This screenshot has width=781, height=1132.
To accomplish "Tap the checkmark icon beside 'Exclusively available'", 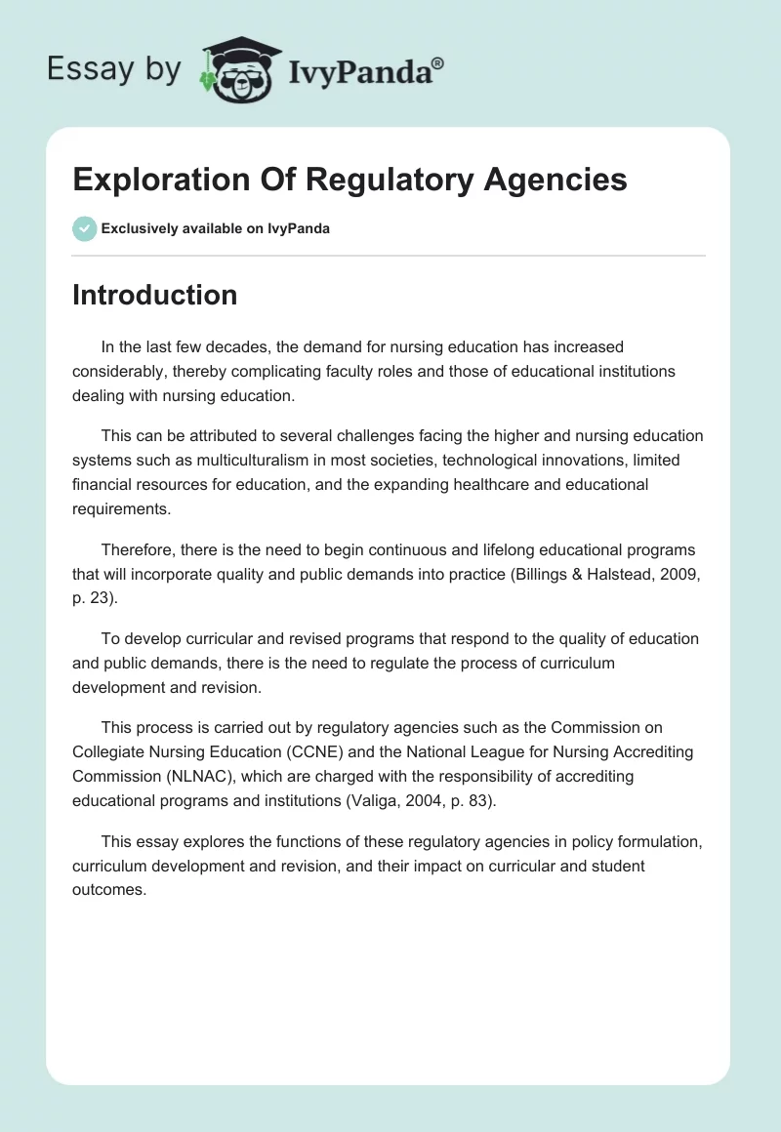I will tap(84, 228).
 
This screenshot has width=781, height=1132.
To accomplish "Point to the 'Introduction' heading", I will tap(154, 295).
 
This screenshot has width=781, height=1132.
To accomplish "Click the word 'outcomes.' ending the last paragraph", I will tap(109, 891).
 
